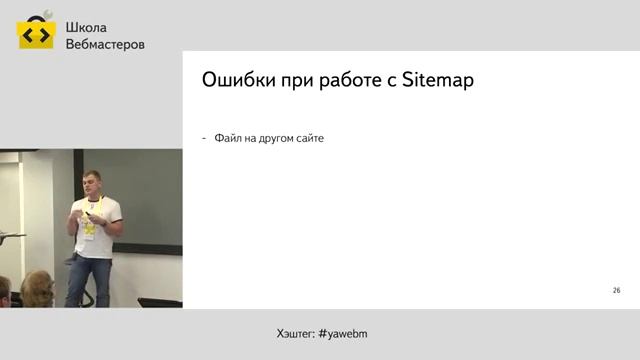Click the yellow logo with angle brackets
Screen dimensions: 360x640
(36, 34)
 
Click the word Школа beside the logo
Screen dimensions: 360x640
(86, 28)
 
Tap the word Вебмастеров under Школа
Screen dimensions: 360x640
(104, 45)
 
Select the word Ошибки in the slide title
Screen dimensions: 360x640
(236, 80)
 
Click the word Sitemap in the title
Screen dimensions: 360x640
(437, 81)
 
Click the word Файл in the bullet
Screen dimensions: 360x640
(226, 138)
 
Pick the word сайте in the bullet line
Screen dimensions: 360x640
(309, 138)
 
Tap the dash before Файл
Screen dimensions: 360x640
(204, 138)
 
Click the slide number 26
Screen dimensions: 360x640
(616, 289)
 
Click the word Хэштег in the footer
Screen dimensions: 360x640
(294, 332)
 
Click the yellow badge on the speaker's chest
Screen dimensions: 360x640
(89, 228)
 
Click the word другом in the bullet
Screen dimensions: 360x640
(268, 138)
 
